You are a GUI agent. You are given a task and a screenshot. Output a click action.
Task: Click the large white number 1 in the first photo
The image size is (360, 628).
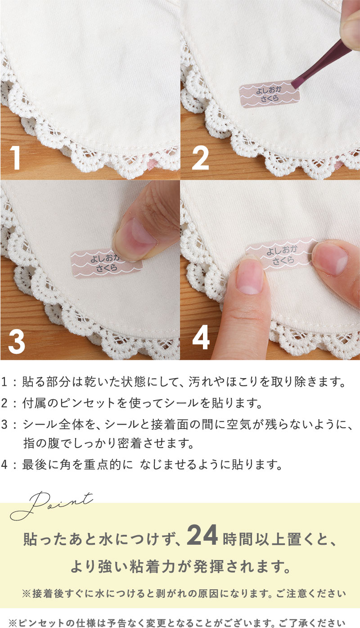click(15, 158)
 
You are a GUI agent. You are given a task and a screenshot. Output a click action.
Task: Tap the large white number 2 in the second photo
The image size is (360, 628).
click(201, 158)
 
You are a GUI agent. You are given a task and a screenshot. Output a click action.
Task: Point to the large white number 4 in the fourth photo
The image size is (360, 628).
click(201, 337)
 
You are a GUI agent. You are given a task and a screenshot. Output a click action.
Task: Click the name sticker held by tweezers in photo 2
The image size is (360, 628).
click(269, 95)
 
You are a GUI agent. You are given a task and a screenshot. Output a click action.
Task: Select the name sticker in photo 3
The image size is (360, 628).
click(107, 263)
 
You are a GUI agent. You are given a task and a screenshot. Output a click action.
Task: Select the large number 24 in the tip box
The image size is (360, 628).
click(202, 535)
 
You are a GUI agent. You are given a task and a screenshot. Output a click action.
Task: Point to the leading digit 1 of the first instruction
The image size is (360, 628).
click(4, 382)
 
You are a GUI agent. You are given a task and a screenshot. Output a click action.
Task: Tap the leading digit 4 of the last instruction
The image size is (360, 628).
click(4, 465)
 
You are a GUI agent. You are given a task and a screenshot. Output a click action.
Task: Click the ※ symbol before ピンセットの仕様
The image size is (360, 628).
click(13, 623)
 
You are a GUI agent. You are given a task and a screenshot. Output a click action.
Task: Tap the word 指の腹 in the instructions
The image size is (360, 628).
click(41, 443)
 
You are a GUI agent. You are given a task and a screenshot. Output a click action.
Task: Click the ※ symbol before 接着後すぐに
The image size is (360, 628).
click(27, 593)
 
